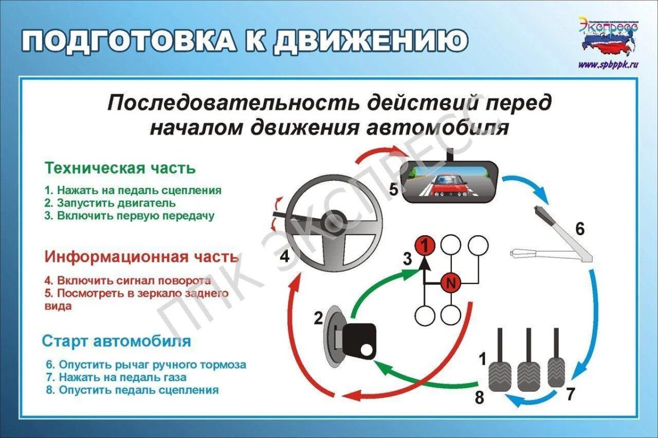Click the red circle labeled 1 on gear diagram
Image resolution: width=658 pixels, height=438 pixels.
(424, 244)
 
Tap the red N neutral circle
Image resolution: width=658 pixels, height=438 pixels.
(451, 283)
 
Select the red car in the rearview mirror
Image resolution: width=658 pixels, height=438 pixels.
(449, 185)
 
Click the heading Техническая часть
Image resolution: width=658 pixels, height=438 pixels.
(120, 167)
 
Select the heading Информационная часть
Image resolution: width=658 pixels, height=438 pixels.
(141, 257)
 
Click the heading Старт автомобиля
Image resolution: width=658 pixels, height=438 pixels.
(117, 342)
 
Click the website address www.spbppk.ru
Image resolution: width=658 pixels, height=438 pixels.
(609, 65)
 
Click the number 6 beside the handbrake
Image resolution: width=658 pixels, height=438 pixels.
(580, 229)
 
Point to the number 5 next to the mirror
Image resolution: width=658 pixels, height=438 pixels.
(394, 190)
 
